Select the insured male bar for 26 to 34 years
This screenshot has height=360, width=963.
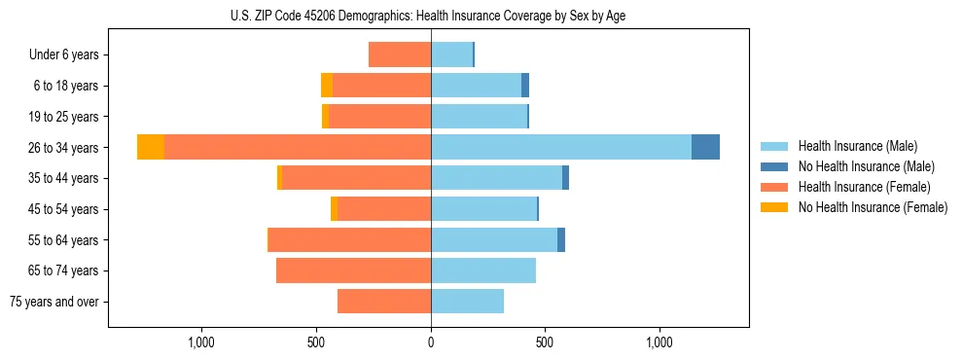[x=560, y=147]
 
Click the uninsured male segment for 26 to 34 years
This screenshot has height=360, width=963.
[x=705, y=147]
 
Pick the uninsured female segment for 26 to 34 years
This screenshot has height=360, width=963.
[x=151, y=147]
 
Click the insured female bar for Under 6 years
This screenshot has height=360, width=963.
[x=400, y=54]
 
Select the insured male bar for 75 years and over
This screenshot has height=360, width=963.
[x=467, y=302]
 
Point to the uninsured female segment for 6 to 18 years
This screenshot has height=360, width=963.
[x=327, y=86]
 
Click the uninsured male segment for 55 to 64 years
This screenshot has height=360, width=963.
[x=561, y=240]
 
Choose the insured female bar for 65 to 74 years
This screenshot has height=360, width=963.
[x=353, y=270]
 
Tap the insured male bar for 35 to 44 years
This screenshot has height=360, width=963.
[x=496, y=178]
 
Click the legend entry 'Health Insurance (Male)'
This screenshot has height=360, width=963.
[x=857, y=146]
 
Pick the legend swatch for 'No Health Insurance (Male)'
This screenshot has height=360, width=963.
[x=774, y=166]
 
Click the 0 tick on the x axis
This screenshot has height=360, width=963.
[x=431, y=342]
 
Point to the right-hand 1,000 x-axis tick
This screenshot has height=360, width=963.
[x=660, y=342]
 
